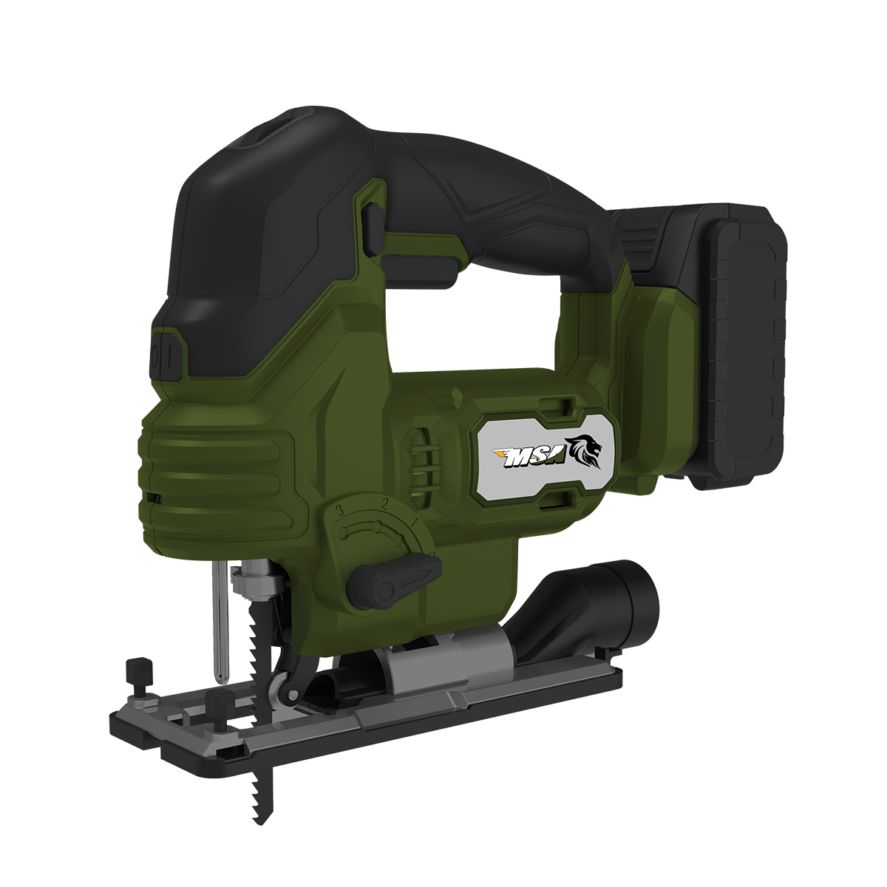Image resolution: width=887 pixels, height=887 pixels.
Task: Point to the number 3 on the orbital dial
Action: tap(341, 510)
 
